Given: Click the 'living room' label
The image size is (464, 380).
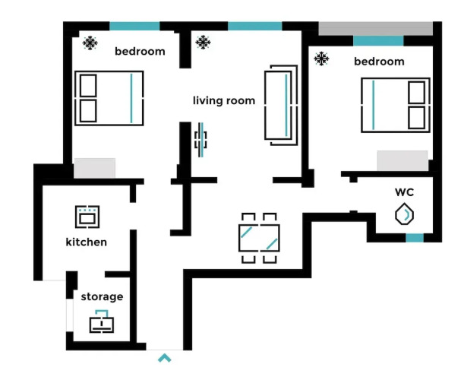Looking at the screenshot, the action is point(224,100).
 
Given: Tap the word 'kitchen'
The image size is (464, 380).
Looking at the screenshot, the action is point(86,242).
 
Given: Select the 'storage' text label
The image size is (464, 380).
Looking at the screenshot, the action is point(102,296).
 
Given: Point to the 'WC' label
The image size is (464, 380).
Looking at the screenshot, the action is point(404,192).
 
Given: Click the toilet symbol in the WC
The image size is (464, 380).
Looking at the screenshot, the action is point(404,214).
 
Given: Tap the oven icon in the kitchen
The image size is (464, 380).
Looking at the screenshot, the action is point(87,217).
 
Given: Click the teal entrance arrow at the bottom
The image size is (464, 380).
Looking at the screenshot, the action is point(165,358).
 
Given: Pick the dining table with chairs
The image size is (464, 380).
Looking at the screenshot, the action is point(259,238).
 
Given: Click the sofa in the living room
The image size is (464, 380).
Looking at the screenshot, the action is point(281,106).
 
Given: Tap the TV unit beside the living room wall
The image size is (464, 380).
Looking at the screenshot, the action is point(200,140).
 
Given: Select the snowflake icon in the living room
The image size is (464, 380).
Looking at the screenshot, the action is point(203,43).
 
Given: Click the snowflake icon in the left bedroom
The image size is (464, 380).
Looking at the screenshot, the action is point(90,43).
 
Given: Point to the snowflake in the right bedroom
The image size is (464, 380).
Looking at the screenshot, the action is point(321,59).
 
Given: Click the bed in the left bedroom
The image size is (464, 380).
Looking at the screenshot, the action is point(109,98).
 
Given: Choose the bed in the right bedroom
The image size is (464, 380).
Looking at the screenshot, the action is point(396,105).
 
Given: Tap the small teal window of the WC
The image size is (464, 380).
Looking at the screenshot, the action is point(415,238).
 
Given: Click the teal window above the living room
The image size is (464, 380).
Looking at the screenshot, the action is point(255,26).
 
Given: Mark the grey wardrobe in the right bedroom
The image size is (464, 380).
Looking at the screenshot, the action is point(402,160).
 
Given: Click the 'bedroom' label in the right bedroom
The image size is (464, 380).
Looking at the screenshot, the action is point(379,62).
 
